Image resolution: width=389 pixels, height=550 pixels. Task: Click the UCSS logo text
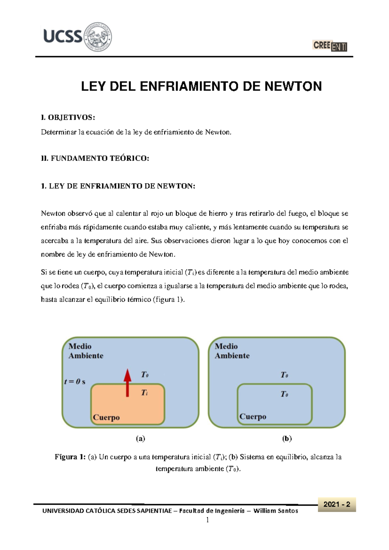click(x=63, y=36)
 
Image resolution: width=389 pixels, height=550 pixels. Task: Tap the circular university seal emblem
click(x=98, y=37)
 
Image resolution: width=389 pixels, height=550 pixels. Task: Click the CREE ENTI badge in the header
click(x=330, y=46)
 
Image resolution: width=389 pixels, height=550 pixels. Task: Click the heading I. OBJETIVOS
click(x=68, y=117)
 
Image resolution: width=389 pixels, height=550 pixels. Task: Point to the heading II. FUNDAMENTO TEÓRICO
click(x=95, y=158)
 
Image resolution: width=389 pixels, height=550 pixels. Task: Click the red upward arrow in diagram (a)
click(x=127, y=383)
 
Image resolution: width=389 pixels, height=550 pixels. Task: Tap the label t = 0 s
click(x=75, y=382)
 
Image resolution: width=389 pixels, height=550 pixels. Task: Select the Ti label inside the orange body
click(x=144, y=393)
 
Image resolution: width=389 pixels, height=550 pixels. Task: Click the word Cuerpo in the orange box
click(x=106, y=418)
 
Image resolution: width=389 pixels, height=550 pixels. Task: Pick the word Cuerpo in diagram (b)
click(x=253, y=417)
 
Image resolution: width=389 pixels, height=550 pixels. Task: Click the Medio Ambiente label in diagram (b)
click(x=232, y=351)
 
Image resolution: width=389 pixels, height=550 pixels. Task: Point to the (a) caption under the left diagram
click(x=140, y=439)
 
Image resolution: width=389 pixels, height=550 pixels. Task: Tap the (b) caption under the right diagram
click(x=287, y=439)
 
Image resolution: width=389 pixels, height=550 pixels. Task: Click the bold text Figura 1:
click(x=70, y=457)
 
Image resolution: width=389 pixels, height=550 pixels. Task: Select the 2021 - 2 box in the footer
click(x=337, y=504)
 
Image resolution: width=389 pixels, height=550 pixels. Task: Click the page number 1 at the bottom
click(x=207, y=520)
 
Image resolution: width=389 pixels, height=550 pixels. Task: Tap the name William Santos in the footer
click(x=276, y=511)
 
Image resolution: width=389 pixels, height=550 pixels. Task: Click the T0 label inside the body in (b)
click(x=284, y=394)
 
